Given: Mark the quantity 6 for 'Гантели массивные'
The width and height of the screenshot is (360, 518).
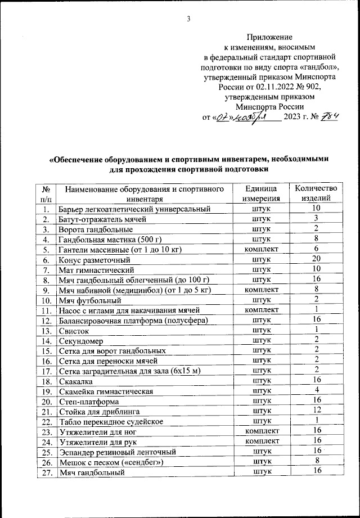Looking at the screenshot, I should pos(316,249).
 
